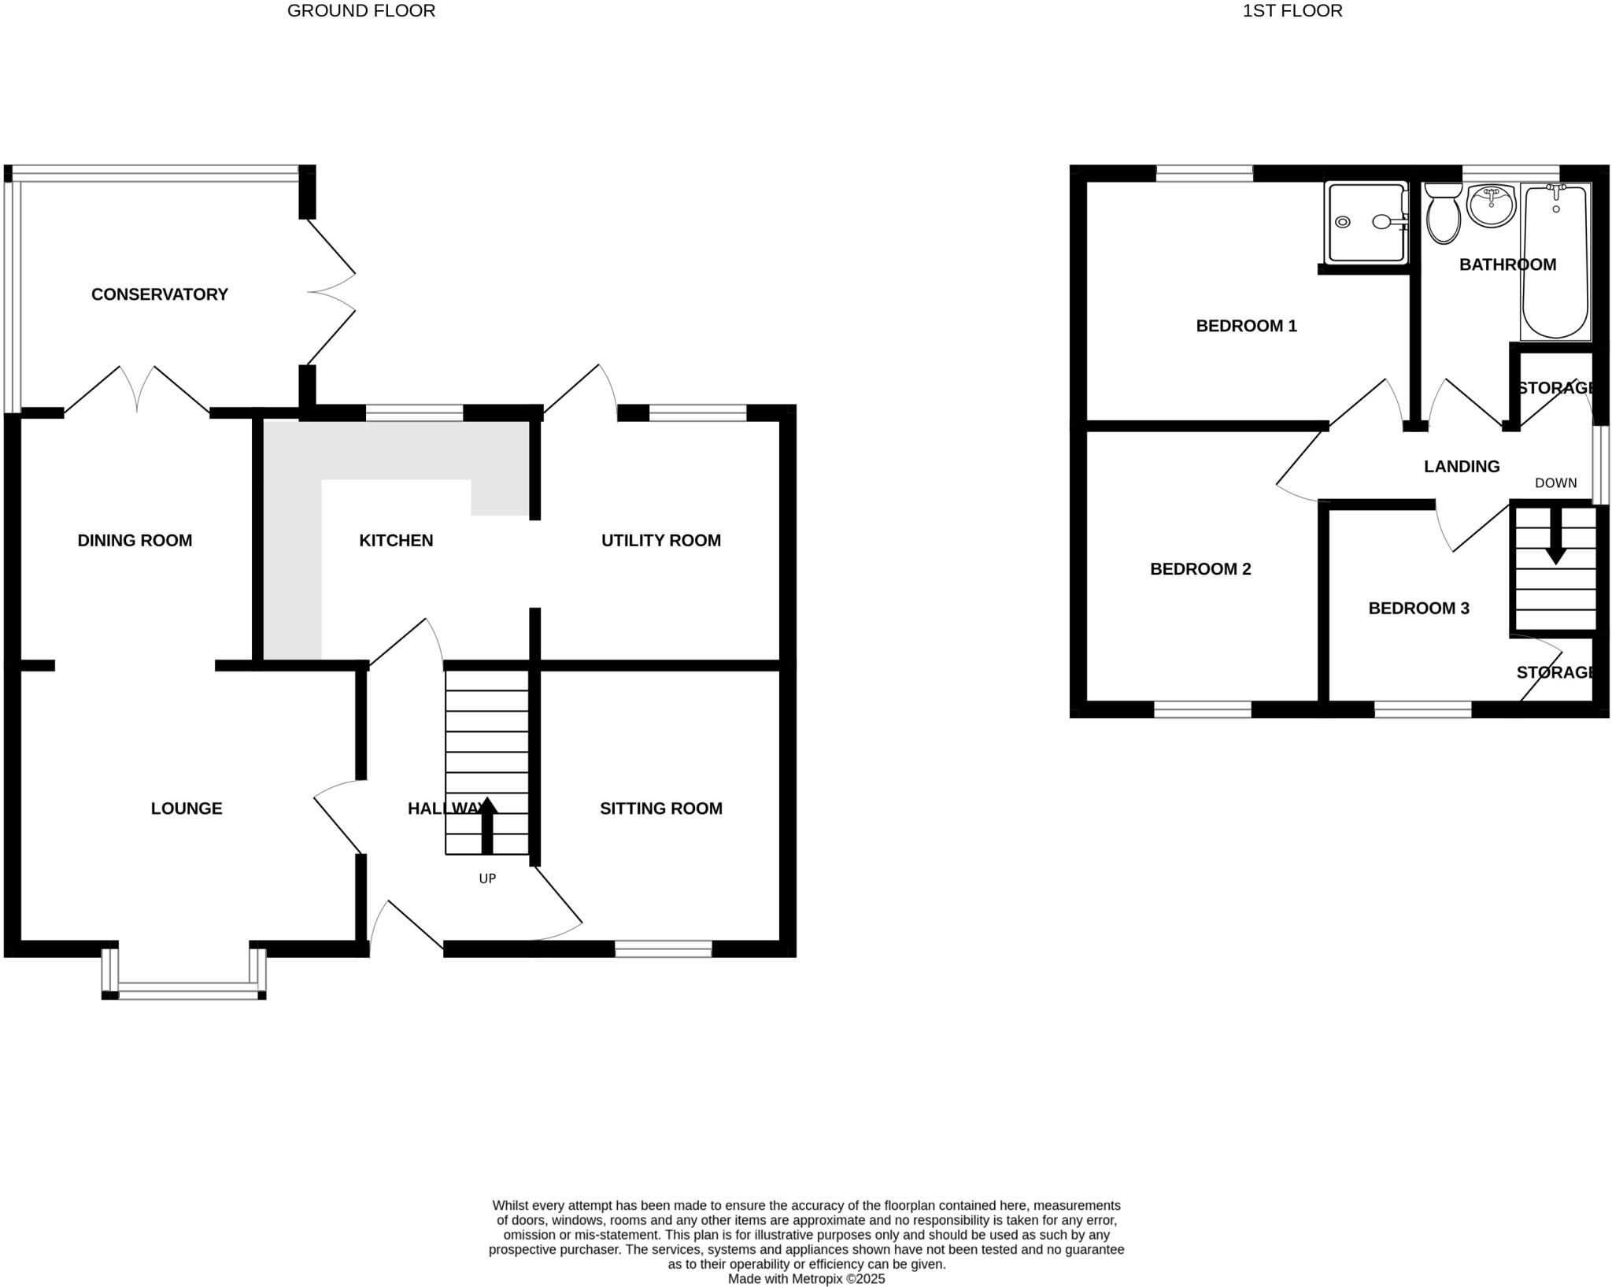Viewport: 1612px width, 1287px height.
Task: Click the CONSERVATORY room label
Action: tap(159, 294)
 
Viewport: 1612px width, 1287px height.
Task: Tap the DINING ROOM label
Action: tap(135, 540)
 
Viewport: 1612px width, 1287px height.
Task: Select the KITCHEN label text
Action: tap(396, 540)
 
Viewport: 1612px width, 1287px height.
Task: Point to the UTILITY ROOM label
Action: tap(660, 540)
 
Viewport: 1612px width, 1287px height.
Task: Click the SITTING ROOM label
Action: tap(660, 808)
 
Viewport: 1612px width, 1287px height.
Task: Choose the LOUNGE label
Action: tap(187, 808)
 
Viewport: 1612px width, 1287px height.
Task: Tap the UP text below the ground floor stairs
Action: tap(487, 878)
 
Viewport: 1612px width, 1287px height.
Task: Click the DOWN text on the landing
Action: tap(1555, 483)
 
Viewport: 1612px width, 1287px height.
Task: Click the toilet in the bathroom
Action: tap(1443, 213)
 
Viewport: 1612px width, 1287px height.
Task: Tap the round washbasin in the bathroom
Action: tap(1491, 205)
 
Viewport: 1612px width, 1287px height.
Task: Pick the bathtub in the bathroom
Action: tap(1555, 261)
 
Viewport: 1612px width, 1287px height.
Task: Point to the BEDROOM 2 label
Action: tap(1200, 568)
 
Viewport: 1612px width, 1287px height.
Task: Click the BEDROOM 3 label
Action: tap(1418, 608)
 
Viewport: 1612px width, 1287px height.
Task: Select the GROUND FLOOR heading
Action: tap(361, 11)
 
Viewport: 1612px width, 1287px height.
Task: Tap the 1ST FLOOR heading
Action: tap(1292, 11)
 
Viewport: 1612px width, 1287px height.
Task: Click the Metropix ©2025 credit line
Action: tap(806, 1278)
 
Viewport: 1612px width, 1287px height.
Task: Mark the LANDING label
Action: tap(1462, 466)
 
